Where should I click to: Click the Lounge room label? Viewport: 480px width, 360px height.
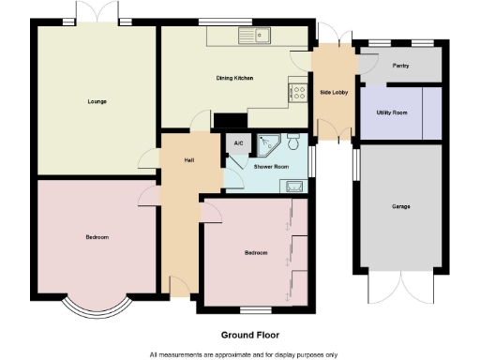pos(96,100)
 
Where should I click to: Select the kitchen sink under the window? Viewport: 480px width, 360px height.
pos(253,37)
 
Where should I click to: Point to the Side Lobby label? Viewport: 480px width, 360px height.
pos(334,93)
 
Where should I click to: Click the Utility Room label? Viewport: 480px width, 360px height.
pos(392,112)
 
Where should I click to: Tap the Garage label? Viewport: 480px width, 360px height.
pos(401,206)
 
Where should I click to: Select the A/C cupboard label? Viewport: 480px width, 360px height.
pos(238,143)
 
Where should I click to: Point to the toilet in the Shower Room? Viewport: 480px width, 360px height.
pos(295,143)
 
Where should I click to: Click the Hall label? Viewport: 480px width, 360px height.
pos(188,160)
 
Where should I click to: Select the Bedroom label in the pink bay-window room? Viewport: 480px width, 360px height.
pos(97,237)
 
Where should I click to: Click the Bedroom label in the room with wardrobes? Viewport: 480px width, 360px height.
pos(256,252)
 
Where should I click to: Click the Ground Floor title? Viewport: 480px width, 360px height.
pos(249,335)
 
